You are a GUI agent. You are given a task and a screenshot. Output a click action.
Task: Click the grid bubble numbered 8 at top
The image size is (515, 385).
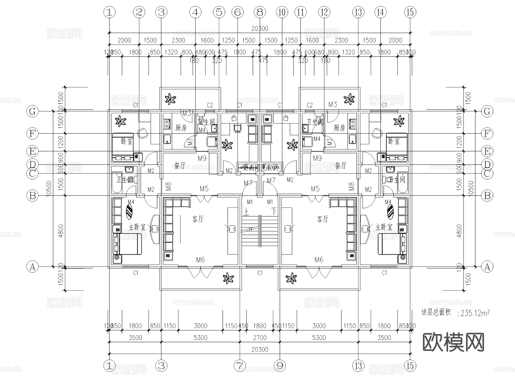[260, 12]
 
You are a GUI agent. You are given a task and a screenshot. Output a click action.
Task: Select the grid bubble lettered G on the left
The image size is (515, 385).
[32, 111]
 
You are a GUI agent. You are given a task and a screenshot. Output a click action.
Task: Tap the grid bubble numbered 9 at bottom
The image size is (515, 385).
[280, 366]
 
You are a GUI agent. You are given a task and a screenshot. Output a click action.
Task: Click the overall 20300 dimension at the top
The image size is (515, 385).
[260, 29]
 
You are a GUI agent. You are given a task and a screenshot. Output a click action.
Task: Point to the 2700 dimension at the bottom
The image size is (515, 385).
[260, 338]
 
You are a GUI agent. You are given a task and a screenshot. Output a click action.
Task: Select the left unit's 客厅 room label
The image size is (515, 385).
[198, 219]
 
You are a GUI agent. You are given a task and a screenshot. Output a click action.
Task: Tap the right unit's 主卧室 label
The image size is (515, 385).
[384, 227]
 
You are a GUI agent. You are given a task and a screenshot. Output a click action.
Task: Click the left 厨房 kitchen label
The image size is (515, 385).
[181, 128]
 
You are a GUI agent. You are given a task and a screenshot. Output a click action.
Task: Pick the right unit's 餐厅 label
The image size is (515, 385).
[340, 165]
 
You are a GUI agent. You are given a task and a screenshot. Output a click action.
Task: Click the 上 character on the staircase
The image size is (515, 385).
[246, 212]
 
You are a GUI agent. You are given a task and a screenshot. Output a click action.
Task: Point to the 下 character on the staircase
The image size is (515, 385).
[274, 211]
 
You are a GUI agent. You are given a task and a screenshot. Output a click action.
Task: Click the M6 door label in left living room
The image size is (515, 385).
[200, 260]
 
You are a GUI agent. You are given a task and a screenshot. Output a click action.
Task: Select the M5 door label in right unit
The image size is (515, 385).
[315, 189]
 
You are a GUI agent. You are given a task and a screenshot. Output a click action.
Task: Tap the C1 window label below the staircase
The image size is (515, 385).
[260, 273]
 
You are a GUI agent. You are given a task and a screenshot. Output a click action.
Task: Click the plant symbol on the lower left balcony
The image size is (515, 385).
[228, 278]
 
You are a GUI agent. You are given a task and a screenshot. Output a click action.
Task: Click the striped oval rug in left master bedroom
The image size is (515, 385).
[129, 211]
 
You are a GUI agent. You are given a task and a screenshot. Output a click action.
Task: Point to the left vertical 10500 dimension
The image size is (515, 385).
[49, 188]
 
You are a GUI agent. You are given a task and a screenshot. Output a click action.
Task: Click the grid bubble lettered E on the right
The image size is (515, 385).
[487, 151]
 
